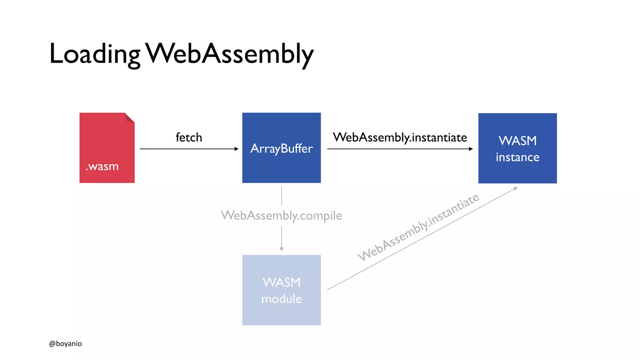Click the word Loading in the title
pos(95,54)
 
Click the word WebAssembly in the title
pos(230,54)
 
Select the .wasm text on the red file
pos(102,167)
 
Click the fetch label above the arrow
pos(189,137)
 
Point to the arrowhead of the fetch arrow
pos(237,149)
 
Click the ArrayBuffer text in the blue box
pos(281,148)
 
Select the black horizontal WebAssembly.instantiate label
pos(400,137)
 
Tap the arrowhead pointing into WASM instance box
pos(471,149)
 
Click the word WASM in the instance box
pos(517,141)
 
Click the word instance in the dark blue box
pos(517,157)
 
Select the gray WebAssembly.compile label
pos(281,216)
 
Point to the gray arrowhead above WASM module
pos(282,249)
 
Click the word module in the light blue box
pos(281,299)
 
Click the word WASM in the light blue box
pos(281,282)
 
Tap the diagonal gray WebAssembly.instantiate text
pos(418,227)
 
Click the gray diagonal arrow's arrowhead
pos(516,188)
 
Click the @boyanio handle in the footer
pos(65,344)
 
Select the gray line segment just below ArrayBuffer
pos(282,196)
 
